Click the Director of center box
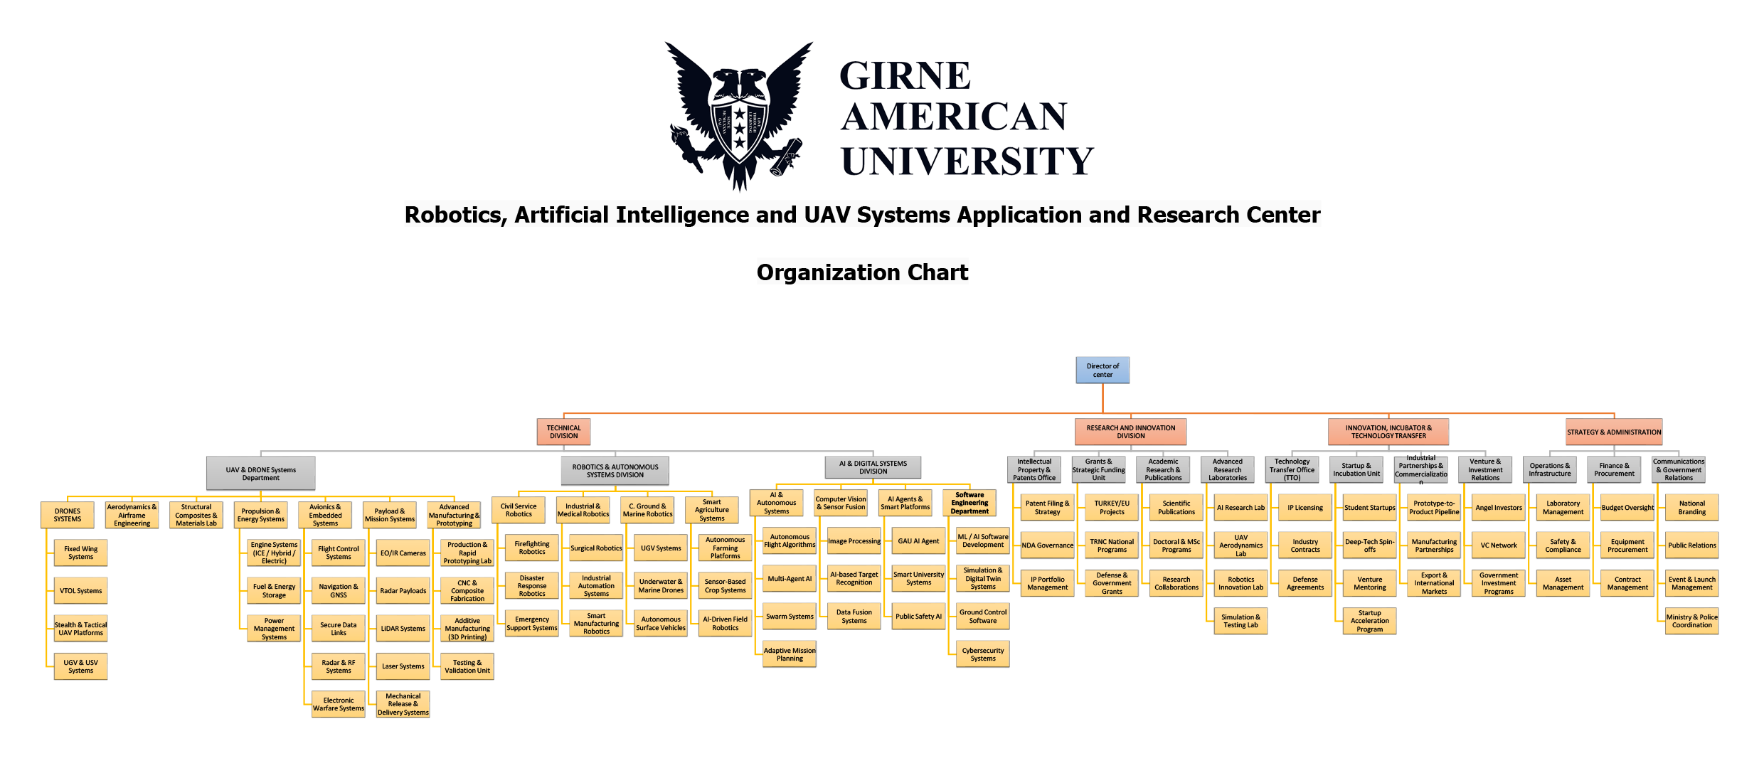tap(1102, 370)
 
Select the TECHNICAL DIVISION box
tap(563, 432)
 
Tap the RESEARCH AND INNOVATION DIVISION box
tap(1130, 432)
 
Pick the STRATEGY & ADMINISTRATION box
tap(1614, 432)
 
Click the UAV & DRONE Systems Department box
tap(260, 474)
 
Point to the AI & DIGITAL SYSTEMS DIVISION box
tap(873, 467)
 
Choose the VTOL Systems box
tap(80, 591)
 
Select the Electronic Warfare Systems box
tap(339, 704)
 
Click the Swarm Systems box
tap(790, 617)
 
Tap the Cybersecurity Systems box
tap(983, 654)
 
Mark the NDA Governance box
tap(1047, 545)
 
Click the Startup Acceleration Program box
tap(1369, 621)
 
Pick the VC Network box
tap(1499, 545)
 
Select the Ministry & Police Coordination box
tap(1691, 621)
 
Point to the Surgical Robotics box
tap(596, 548)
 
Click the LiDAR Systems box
tap(403, 629)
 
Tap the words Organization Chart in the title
tap(862, 272)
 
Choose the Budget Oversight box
tap(1627, 508)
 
